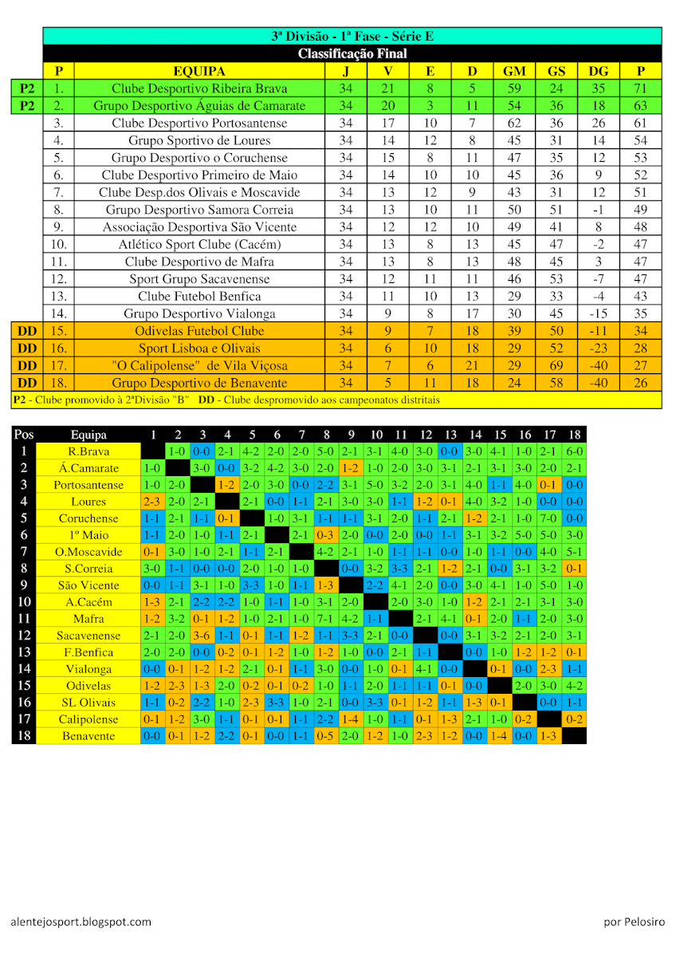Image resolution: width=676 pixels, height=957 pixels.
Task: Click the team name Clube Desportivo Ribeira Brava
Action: click(198, 89)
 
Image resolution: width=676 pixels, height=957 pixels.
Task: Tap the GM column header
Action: click(514, 71)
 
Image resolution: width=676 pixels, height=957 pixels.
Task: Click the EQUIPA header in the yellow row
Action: click(198, 71)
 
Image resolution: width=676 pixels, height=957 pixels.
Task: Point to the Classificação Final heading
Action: click(352, 53)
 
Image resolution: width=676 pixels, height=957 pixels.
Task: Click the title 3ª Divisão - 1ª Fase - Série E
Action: click(352, 36)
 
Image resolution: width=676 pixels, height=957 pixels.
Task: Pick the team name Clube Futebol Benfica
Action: click(198, 296)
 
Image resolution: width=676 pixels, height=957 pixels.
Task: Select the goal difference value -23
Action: click(599, 348)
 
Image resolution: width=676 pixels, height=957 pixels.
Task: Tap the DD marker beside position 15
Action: click(27, 330)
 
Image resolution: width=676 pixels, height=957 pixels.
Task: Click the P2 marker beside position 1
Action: click(27, 89)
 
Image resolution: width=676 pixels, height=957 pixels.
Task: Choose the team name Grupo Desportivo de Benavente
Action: click(198, 383)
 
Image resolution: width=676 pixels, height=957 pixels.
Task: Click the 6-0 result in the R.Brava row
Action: click(574, 451)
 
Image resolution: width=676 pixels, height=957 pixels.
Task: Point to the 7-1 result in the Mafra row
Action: click(326, 619)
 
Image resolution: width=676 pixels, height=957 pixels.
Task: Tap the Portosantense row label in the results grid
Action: click(88, 485)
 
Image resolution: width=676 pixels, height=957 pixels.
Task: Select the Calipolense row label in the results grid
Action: click(88, 719)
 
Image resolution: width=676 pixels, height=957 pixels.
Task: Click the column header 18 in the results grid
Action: click(574, 435)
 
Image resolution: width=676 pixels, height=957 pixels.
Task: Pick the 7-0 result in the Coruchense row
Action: click(549, 518)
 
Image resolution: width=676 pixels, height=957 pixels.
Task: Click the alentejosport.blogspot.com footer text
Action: click(81, 922)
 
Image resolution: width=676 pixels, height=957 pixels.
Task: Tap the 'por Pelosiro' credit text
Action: click(634, 922)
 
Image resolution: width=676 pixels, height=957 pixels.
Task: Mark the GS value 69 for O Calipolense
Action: click(556, 365)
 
